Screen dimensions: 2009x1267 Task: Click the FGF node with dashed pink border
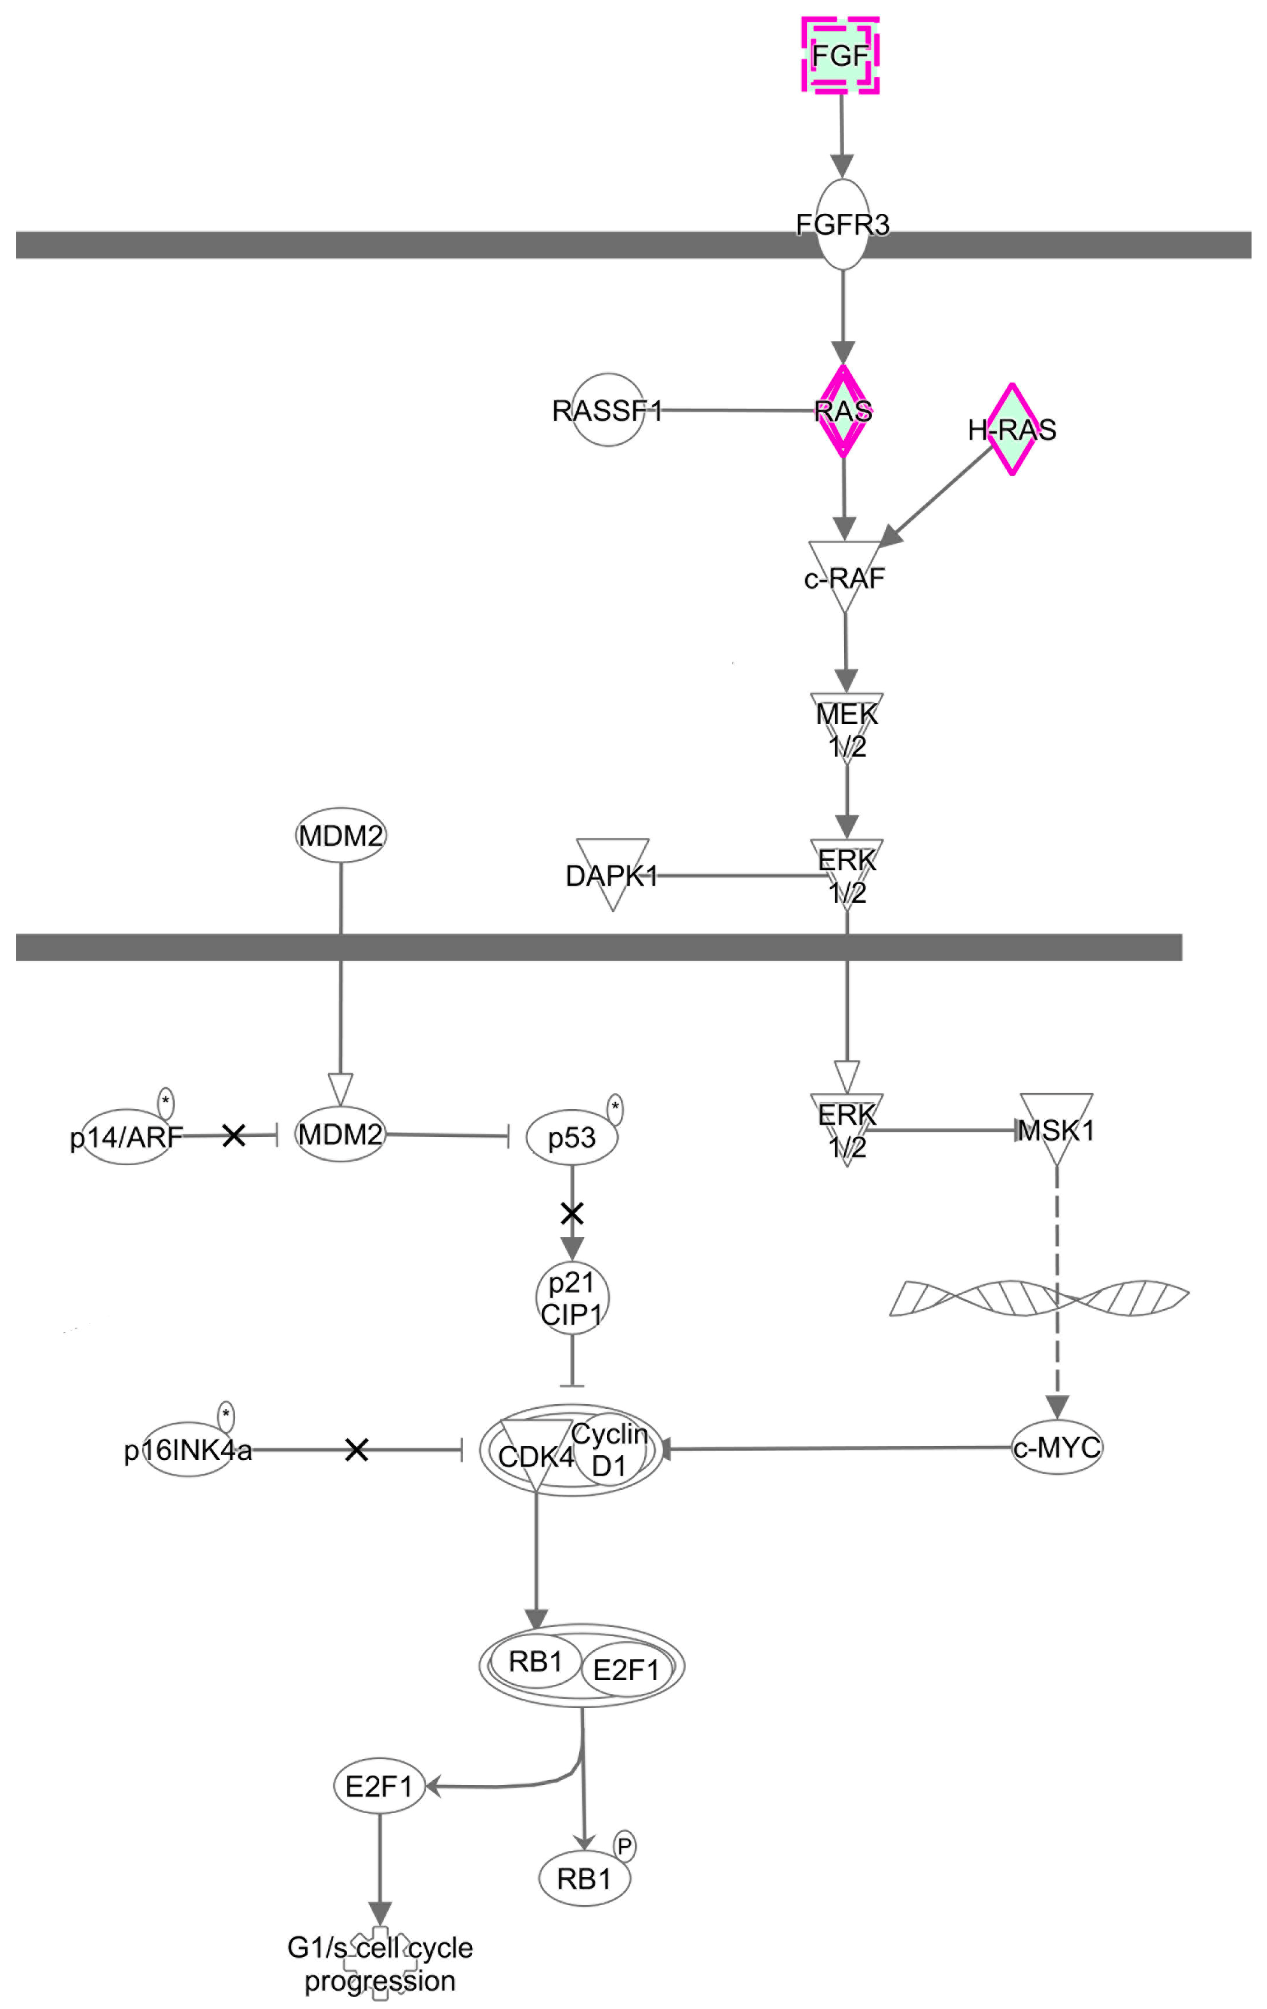coord(840,55)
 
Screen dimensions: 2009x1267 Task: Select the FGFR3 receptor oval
coord(842,225)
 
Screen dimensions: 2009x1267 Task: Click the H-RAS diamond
coord(1012,430)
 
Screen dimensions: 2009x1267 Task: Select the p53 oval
coord(572,1136)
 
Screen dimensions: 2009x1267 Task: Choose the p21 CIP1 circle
coord(572,1298)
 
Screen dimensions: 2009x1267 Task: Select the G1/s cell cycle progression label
coord(380,1964)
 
